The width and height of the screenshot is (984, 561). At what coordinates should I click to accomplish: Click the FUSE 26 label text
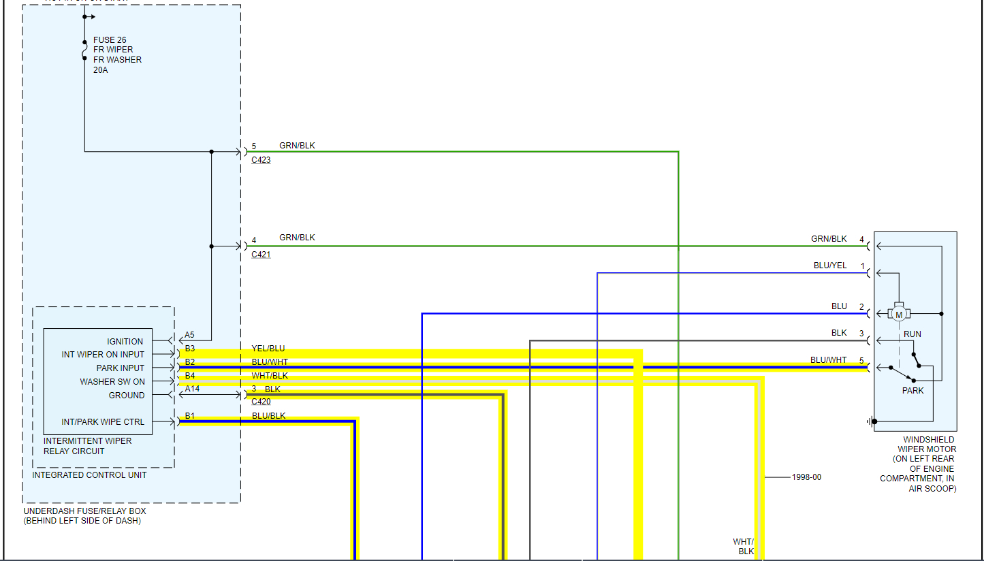pyautogui.click(x=110, y=40)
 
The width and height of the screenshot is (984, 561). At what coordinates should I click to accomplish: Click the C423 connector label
pyautogui.click(x=261, y=161)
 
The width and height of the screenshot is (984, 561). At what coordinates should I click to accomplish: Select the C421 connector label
pyautogui.click(x=261, y=255)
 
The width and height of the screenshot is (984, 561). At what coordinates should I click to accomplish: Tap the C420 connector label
pyautogui.click(x=261, y=402)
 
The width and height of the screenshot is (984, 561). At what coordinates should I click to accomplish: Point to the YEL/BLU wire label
pyautogui.click(x=268, y=349)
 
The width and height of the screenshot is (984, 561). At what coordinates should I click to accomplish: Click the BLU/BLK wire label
pyautogui.click(x=268, y=416)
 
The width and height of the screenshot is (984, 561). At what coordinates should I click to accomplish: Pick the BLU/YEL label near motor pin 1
pyautogui.click(x=830, y=266)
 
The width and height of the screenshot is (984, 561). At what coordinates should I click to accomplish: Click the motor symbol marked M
pyautogui.click(x=898, y=314)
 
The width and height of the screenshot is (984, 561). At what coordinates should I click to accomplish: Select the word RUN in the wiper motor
pyautogui.click(x=912, y=334)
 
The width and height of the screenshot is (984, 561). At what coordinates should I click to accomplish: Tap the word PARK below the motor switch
pyautogui.click(x=913, y=391)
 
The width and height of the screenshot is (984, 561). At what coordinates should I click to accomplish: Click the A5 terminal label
pyautogui.click(x=189, y=335)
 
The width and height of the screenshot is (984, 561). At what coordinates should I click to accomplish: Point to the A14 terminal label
pyautogui.click(x=192, y=389)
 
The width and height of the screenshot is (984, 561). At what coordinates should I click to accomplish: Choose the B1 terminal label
pyautogui.click(x=189, y=416)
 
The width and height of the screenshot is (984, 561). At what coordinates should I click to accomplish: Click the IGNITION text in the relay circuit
pyautogui.click(x=125, y=342)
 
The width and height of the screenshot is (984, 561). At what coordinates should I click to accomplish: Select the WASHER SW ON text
pyautogui.click(x=112, y=382)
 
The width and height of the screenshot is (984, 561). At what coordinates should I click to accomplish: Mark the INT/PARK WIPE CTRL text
pyautogui.click(x=103, y=422)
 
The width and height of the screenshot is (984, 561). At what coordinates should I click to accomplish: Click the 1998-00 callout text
pyautogui.click(x=806, y=477)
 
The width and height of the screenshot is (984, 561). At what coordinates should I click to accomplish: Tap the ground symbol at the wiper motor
pyautogui.click(x=871, y=421)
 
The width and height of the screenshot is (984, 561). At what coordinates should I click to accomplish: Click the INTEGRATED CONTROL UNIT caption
pyautogui.click(x=89, y=475)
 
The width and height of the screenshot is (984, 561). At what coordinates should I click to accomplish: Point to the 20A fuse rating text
pyautogui.click(x=101, y=70)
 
